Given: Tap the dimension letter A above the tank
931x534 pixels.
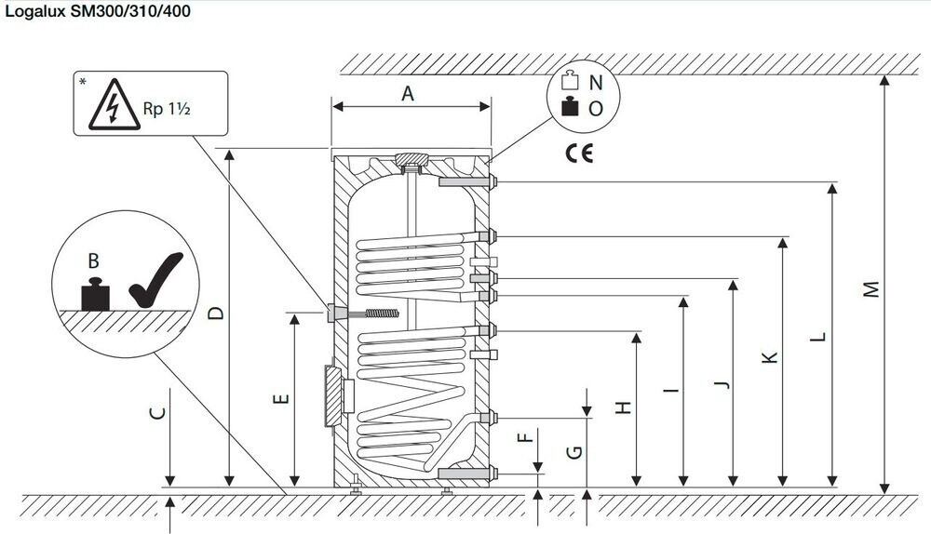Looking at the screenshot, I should click(x=407, y=93).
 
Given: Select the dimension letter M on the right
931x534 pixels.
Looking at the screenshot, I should click(x=871, y=290).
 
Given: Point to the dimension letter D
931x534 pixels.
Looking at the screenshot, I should click(x=216, y=314).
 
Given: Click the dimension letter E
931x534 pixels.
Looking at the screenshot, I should click(x=282, y=400).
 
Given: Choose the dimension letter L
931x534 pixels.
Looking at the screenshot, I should click(x=818, y=337).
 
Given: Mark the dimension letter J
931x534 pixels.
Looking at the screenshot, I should click(x=722, y=382).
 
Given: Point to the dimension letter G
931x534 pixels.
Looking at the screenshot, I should click(x=575, y=451).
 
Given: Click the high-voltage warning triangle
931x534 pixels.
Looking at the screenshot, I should click(x=114, y=107).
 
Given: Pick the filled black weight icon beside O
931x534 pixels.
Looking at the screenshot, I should click(x=570, y=108).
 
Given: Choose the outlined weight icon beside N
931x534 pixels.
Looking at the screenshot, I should click(x=570, y=82).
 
